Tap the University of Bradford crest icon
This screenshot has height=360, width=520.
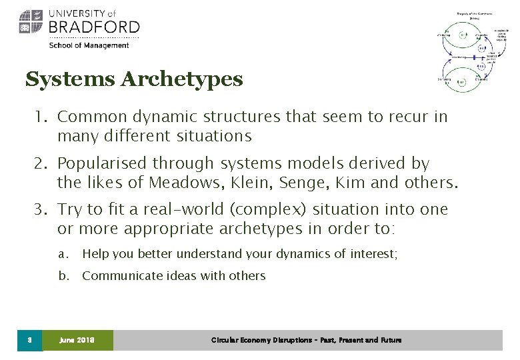(31, 21)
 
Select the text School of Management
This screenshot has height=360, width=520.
(88, 45)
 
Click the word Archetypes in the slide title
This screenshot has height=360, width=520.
(181, 80)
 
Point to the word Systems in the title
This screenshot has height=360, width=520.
(70, 80)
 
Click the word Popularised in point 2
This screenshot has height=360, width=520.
(102, 163)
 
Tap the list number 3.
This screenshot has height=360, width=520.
(41, 210)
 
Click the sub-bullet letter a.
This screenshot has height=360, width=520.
(63, 254)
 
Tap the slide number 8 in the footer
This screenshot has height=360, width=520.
(29, 340)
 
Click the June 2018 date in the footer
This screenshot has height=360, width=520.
(77, 340)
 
